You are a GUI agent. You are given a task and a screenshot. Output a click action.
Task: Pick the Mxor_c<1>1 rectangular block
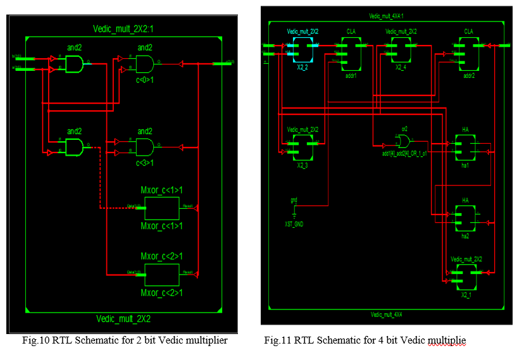(x=161, y=207)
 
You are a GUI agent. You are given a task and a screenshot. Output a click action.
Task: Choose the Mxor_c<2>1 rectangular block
(x=161, y=274)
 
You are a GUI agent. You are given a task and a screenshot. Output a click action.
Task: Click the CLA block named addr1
(x=351, y=54)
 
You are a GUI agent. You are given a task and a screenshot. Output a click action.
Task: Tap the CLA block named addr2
(x=468, y=54)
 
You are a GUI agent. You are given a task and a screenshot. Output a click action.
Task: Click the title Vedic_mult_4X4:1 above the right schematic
(x=386, y=16)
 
